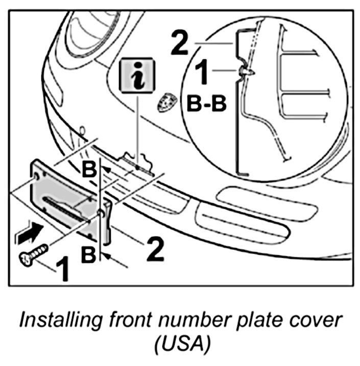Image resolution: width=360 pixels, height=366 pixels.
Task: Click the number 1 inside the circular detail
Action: [203, 72]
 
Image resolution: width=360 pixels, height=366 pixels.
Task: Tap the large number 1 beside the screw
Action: [63, 270]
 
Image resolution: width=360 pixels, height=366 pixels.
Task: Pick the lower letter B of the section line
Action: [89, 254]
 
